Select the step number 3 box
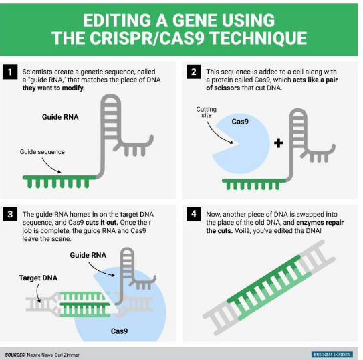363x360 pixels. [x=11, y=215]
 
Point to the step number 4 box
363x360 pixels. [x=193, y=215]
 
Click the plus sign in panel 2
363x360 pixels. [x=277, y=143]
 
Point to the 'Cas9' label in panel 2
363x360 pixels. [x=241, y=122]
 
